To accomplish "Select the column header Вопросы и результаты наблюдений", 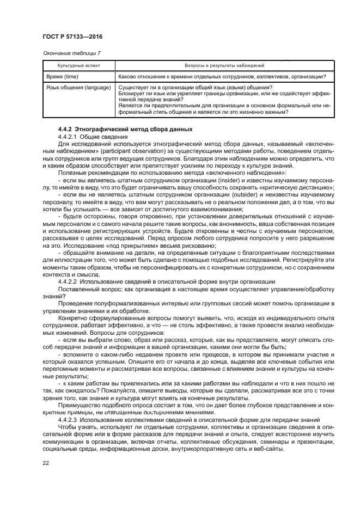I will (x=224, y=65).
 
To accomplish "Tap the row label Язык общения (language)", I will (x=78, y=88).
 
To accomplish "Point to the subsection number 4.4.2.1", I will (x=68, y=136).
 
